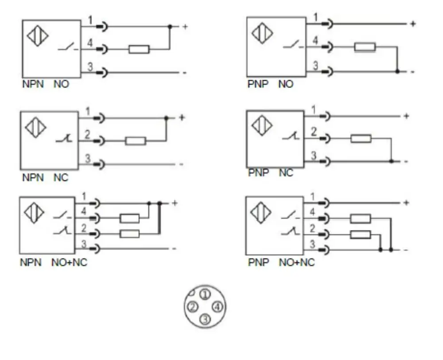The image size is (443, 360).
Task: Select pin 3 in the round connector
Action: [x=205, y=319]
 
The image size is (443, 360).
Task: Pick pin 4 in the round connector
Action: [x=218, y=307]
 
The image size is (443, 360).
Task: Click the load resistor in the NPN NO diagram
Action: [x=139, y=49]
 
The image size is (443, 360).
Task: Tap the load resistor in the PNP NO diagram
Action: [x=365, y=47]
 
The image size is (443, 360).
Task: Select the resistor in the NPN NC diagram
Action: [x=136, y=141]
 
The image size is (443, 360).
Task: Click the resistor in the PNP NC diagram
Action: [x=361, y=139]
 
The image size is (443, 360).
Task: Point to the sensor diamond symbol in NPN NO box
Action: [x=37, y=35]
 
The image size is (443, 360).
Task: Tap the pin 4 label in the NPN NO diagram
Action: [x=89, y=43]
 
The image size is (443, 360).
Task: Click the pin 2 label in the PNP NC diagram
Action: [x=314, y=132]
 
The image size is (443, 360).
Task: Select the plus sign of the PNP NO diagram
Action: [x=413, y=23]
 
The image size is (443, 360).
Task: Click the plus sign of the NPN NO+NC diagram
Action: [x=175, y=203]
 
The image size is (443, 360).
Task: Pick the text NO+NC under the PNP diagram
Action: [x=296, y=262]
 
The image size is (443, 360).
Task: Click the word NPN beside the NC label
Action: [x=33, y=178]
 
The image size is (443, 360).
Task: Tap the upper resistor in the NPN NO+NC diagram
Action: [x=130, y=218]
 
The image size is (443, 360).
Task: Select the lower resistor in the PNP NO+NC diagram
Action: [x=360, y=235]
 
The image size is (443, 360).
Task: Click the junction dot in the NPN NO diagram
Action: [x=170, y=27]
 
